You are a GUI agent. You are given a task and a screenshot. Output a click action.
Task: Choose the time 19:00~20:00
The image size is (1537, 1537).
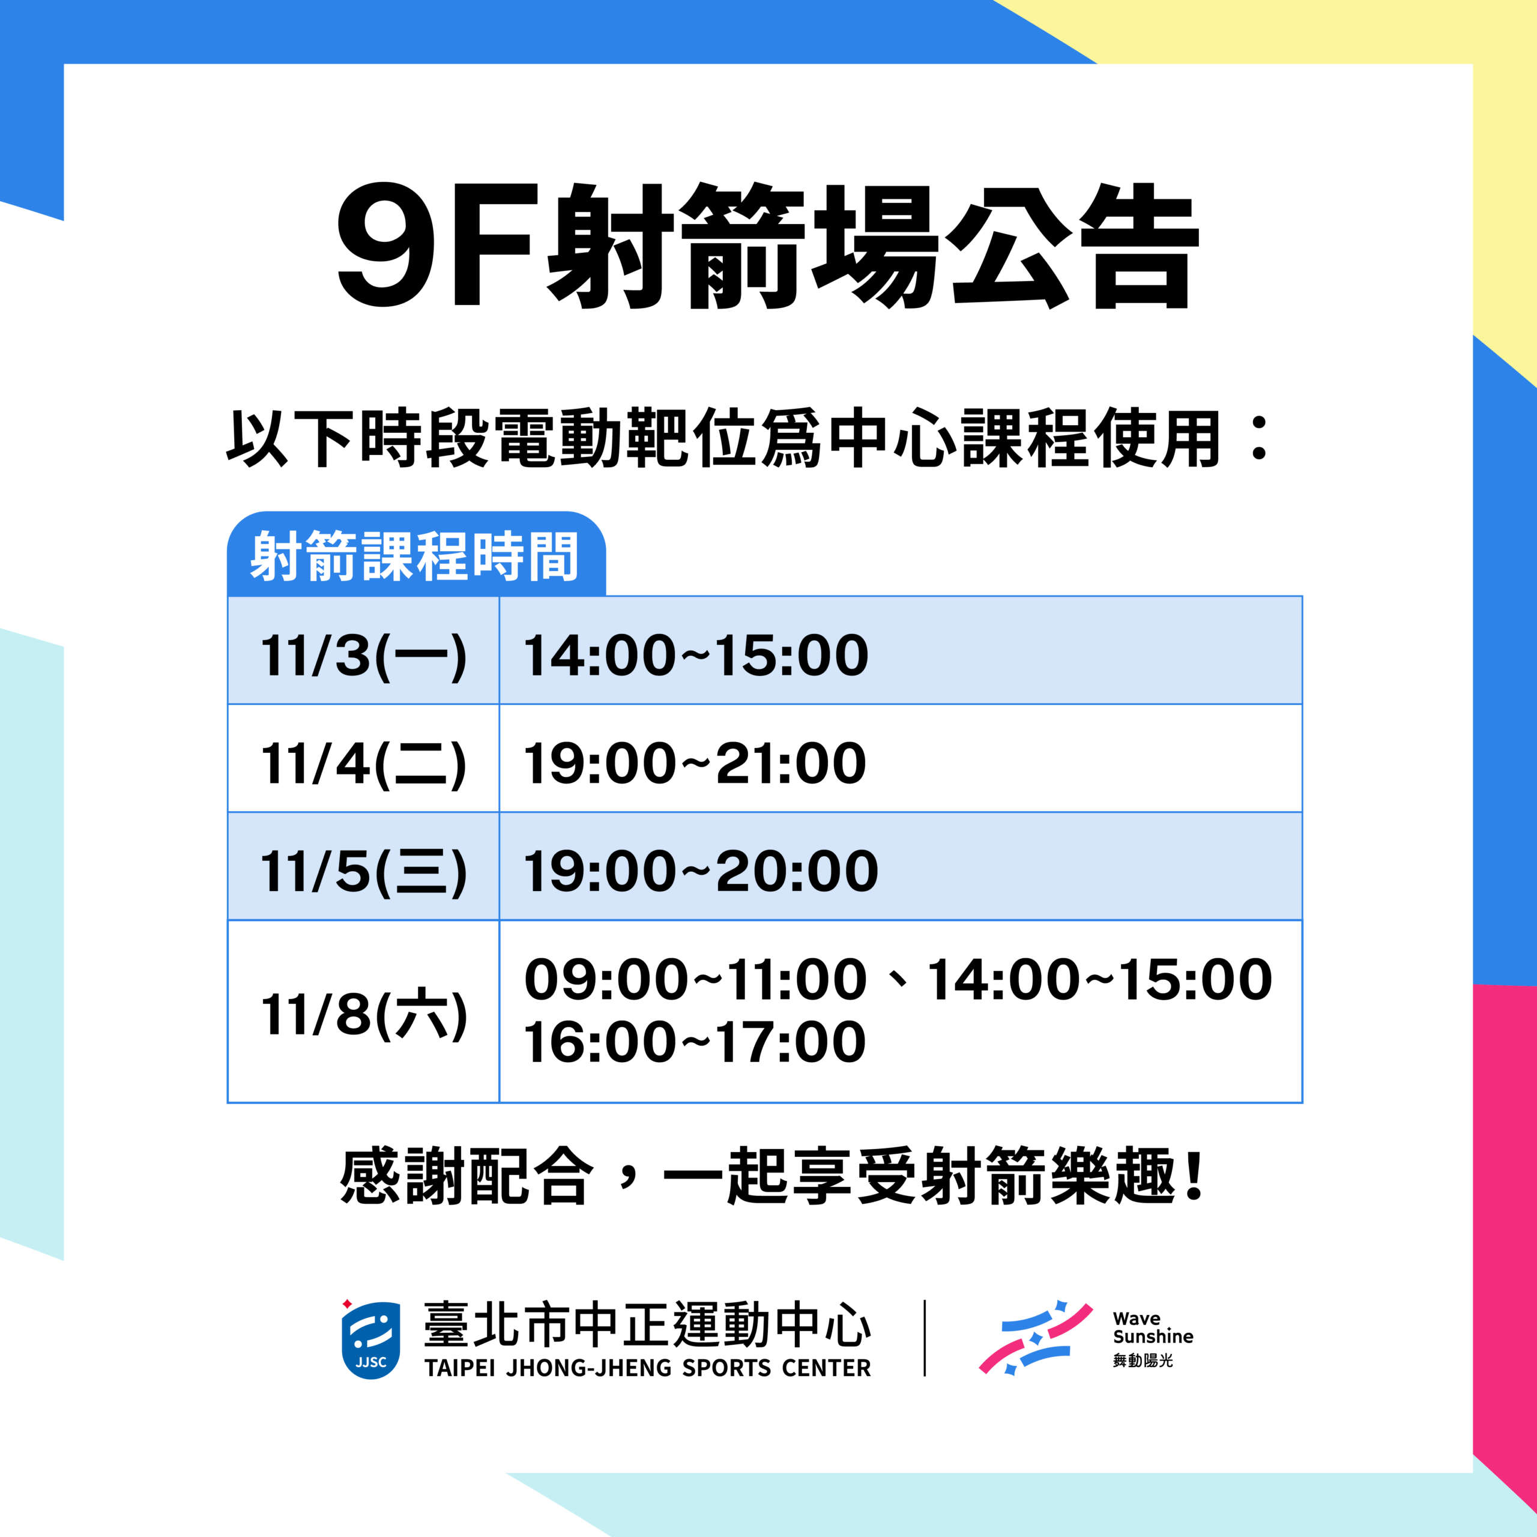tap(701, 871)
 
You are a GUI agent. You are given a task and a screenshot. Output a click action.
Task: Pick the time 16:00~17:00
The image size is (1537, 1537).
tap(695, 1042)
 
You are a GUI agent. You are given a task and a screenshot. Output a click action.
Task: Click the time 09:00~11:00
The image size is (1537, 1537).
tap(695, 979)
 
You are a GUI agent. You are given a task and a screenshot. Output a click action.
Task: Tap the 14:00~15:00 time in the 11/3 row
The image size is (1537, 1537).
tap(696, 656)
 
